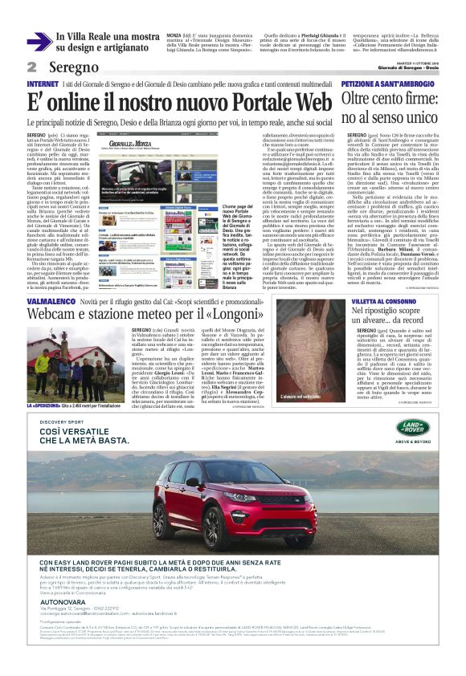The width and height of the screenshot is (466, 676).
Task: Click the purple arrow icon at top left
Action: [39, 41]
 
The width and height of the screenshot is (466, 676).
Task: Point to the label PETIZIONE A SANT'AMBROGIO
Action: [389, 83]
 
